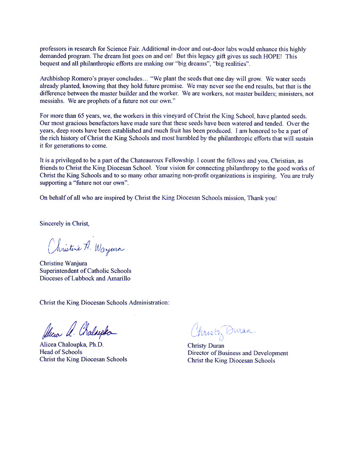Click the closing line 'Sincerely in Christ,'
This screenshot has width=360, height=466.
(x=64, y=224)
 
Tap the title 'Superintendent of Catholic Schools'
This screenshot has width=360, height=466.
(x=85, y=271)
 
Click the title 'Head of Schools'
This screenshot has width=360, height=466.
(x=61, y=352)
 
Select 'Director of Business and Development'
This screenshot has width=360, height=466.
(x=238, y=353)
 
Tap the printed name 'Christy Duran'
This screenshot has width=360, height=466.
(x=206, y=345)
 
